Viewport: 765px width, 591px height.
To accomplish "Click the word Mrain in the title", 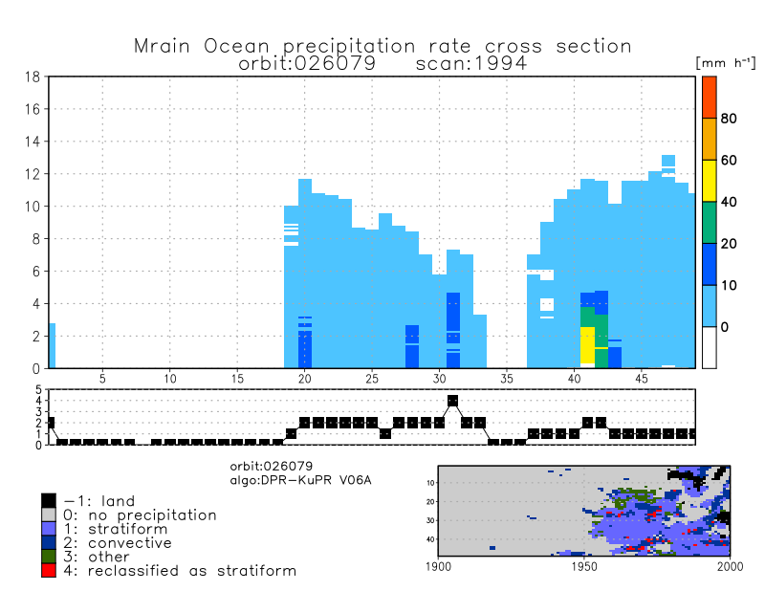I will (x=165, y=46).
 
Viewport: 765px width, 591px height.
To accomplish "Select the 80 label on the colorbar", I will (x=729, y=119).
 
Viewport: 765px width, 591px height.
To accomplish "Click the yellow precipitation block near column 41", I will (x=587, y=345).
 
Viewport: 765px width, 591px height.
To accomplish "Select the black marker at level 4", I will (x=453, y=401).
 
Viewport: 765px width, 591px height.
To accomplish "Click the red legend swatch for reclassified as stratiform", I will (x=49, y=570).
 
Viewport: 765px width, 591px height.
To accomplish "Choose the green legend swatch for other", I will (x=49, y=557).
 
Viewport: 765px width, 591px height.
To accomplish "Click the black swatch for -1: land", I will (x=49, y=500).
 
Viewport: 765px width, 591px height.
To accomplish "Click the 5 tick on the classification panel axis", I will (x=39, y=390).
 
